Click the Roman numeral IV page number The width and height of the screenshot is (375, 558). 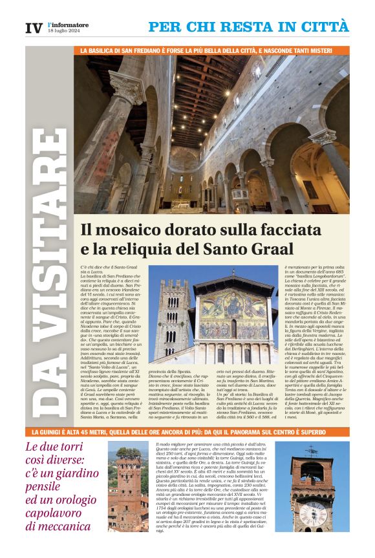(x=34, y=28)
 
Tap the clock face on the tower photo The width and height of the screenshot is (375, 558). (x=312, y=513)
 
